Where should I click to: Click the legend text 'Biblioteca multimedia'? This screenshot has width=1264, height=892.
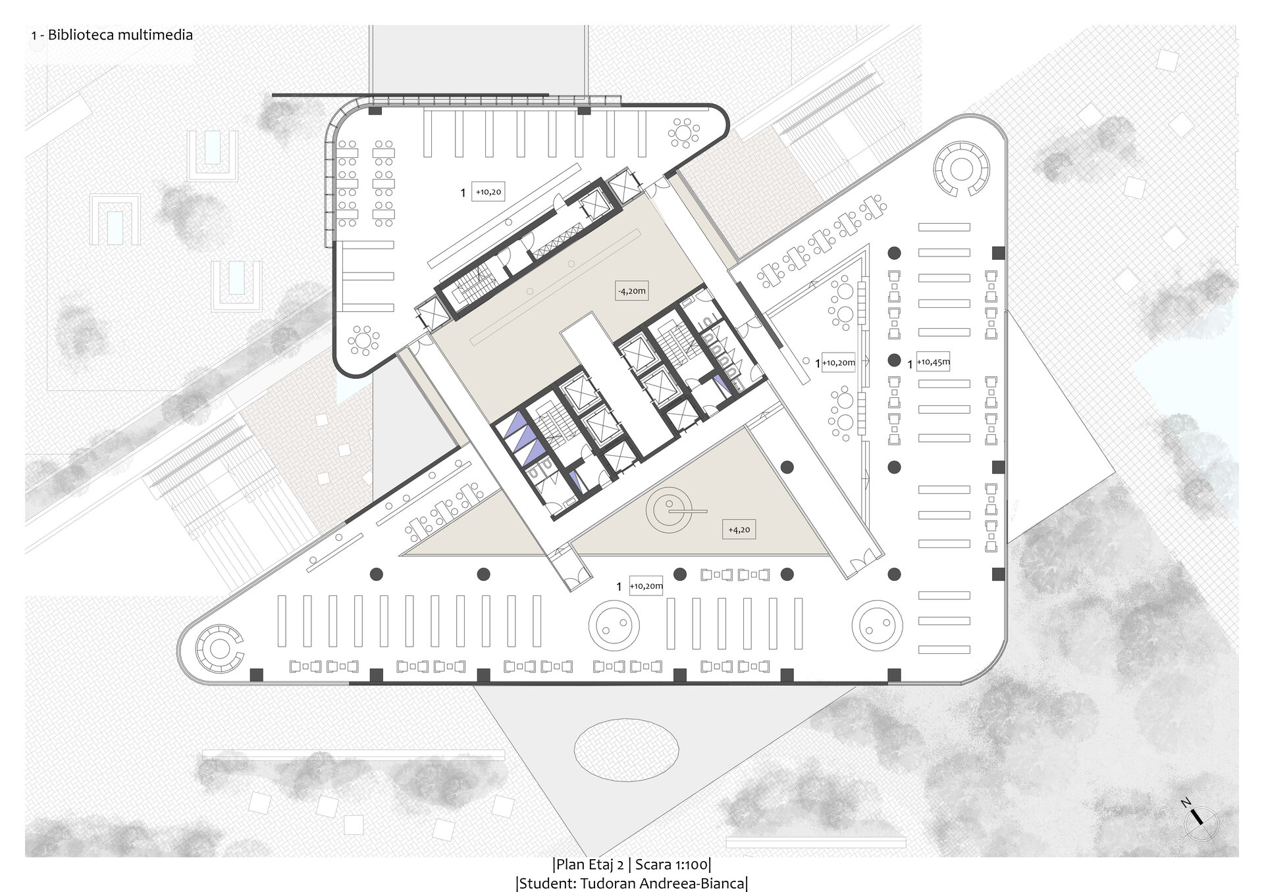(x=120, y=35)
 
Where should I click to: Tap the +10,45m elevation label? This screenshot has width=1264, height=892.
(x=933, y=362)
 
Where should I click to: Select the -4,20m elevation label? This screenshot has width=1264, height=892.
(x=632, y=291)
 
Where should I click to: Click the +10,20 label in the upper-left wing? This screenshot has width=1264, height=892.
(x=488, y=192)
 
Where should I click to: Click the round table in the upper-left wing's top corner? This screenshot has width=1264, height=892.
(x=685, y=134)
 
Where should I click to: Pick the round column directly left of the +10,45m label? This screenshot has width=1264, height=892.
(x=894, y=360)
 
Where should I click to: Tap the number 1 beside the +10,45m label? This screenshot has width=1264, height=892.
(x=910, y=364)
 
